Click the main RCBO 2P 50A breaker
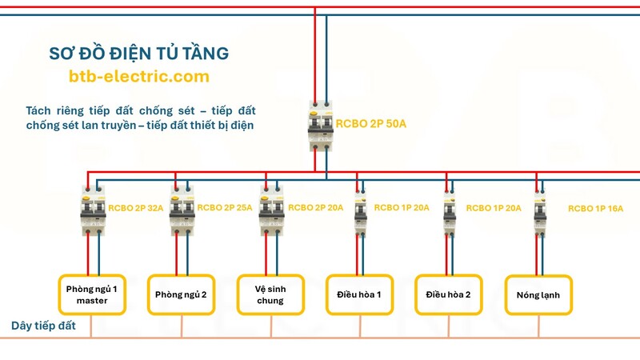[321, 125]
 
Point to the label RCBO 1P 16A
[596, 208]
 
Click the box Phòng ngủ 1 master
[91, 294]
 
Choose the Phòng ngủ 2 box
[181, 294]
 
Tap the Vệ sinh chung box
[270, 294]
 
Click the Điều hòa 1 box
[359, 294]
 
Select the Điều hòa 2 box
[449, 294]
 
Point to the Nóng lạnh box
[538, 294]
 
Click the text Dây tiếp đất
[43, 326]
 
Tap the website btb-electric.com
[138, 77]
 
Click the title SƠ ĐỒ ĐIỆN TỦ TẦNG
[138, 53]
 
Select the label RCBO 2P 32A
[136, 207]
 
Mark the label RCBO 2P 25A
[225, 207]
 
